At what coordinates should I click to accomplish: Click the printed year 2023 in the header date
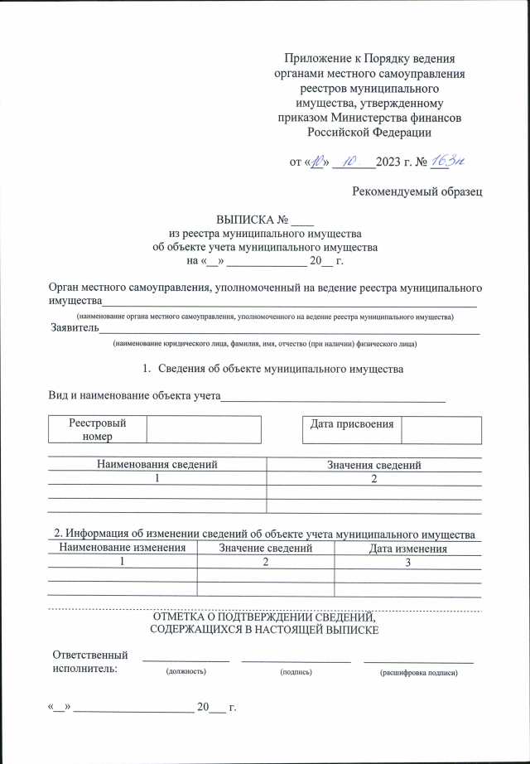tap(388, 162)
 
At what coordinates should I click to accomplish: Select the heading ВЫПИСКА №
tap(252, 221)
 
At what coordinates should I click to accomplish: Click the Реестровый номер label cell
tap(98, 429)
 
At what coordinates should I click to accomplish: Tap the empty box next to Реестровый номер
tap(204, 429)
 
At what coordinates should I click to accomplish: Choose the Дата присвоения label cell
tap(351, 424)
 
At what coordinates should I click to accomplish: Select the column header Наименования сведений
tap(157, 465)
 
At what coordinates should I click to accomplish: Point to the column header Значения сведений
tap(374, 465)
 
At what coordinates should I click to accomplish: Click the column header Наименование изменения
tap(123, 549)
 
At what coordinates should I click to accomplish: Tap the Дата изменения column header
tap(408, 549)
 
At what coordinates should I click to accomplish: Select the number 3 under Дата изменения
tap(408, 563)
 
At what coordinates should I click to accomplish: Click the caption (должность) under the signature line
tap(185, 672)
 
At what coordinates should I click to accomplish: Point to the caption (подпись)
tap(296, 672)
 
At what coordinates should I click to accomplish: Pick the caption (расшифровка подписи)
tap(418, 673)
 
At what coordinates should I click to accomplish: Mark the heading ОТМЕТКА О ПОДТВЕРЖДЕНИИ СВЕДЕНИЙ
tap(264, 617)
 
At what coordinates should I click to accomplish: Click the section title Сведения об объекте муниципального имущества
tap(280, 368)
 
